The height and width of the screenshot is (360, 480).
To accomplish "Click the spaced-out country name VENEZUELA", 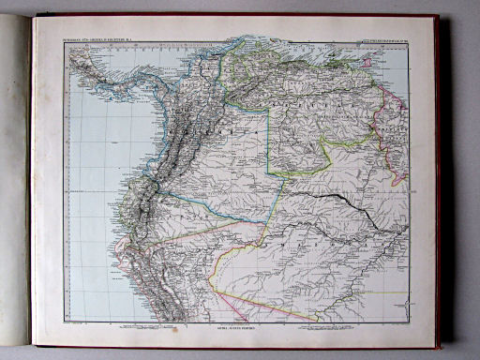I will (x=309, y=89).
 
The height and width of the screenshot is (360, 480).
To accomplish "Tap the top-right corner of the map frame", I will (x=410, y=44).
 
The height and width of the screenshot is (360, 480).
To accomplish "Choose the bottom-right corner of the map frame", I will (x=410, y=323).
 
